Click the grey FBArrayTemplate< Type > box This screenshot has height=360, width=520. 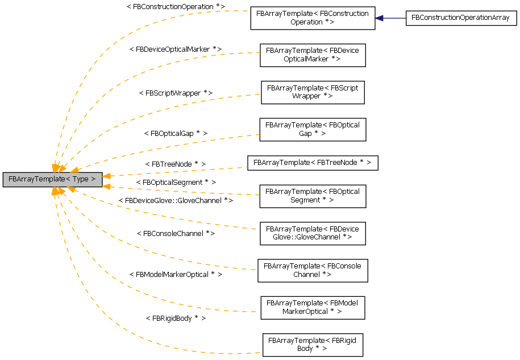[52, 179]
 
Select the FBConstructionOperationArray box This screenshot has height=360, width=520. [460, 18]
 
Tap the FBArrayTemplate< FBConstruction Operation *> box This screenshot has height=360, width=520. [312, 18]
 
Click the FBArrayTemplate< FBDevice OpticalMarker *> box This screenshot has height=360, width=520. [312, 55]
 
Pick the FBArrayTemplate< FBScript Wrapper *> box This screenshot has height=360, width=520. [312, 92]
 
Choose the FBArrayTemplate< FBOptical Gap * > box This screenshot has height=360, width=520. [312, 129]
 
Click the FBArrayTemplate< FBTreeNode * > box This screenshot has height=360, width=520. [312, 163]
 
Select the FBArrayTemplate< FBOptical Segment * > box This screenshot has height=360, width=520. [312, 196]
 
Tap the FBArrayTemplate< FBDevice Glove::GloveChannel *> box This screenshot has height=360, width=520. [312, 233]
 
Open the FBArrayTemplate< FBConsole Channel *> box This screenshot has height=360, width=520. [312, 270]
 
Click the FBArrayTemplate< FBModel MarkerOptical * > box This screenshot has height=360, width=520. [312, 307]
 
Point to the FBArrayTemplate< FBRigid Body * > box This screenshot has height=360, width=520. [312, 344]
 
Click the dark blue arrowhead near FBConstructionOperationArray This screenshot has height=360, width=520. [379, 18]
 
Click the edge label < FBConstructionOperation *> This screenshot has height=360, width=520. [175, 6]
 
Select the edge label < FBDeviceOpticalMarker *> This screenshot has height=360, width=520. [175, 49]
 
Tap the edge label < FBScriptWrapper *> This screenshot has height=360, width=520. [175, 92]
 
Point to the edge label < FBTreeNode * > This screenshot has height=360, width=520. [175, 164]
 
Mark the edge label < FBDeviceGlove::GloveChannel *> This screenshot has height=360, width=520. [175, 200]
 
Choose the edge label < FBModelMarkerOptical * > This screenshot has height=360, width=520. [175, 274]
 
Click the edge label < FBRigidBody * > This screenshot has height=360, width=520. [175, 318]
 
